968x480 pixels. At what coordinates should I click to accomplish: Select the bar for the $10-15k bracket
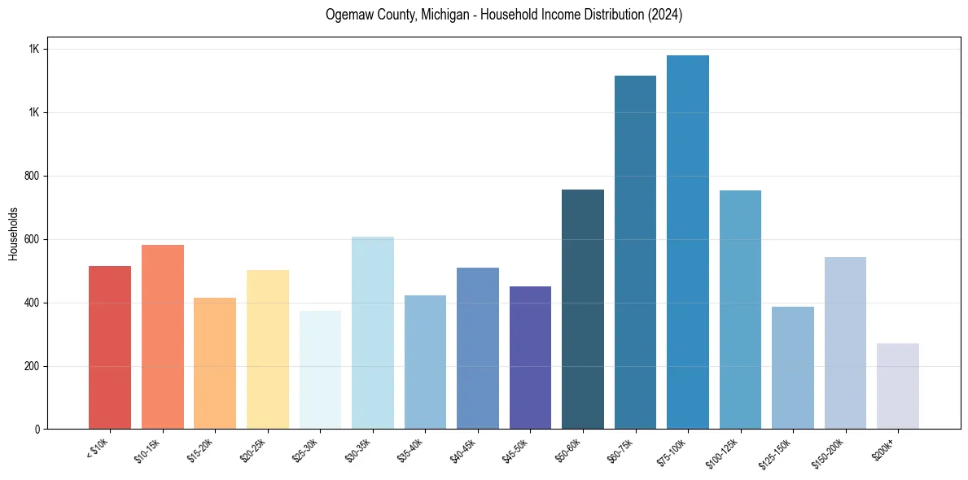tap(162, 337)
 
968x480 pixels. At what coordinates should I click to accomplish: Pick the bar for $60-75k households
tap(635, 252)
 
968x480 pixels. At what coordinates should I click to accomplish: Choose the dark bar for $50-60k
tap(583, 309)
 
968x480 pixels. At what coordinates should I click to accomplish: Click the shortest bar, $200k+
tap(898, 386)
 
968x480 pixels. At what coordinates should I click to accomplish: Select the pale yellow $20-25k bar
tap(267, 350)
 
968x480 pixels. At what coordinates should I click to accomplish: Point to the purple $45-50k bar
tap(530, 358)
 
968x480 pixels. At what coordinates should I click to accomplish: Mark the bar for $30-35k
tap(372, 333)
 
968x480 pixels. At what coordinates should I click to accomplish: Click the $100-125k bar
tap(740, 309)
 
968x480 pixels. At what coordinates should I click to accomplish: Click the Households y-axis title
tap(13, 233)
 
